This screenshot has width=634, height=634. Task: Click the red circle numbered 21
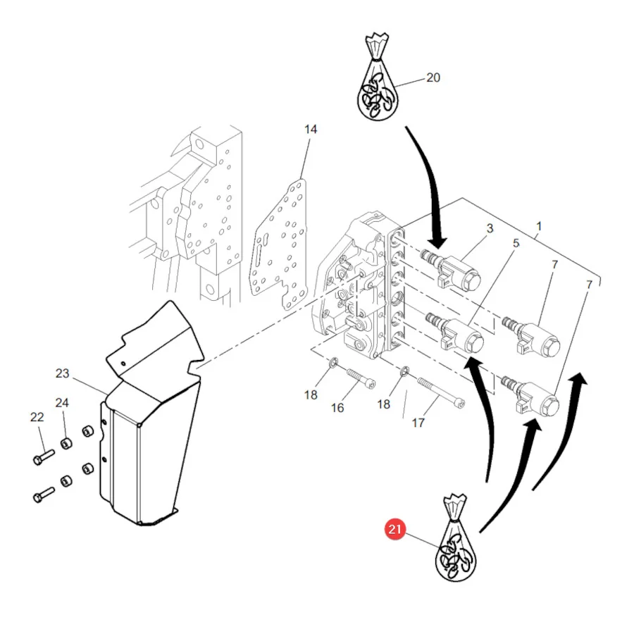pos(394,529)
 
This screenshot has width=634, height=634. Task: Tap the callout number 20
pos(433,77)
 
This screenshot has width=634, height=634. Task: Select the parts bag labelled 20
pos(378,76)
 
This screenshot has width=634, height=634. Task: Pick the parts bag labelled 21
pos(456,537)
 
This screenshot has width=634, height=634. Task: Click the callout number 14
pos(311,130)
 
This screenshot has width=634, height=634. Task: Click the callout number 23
pos(62,373)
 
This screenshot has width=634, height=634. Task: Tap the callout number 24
pos(62,403)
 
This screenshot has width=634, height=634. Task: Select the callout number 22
pos(37,417)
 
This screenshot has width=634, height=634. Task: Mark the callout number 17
pos(418,423)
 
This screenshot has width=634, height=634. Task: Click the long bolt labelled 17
pos(441,392)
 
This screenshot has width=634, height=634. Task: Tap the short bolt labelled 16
pos(361,378)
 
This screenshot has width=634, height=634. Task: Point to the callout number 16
pos(337,408)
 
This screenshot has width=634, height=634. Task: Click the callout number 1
pos(539,226)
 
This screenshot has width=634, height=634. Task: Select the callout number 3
pos(490,228)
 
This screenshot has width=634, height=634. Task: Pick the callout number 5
pos(516,244)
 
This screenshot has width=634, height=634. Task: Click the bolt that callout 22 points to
pos(43,456)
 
